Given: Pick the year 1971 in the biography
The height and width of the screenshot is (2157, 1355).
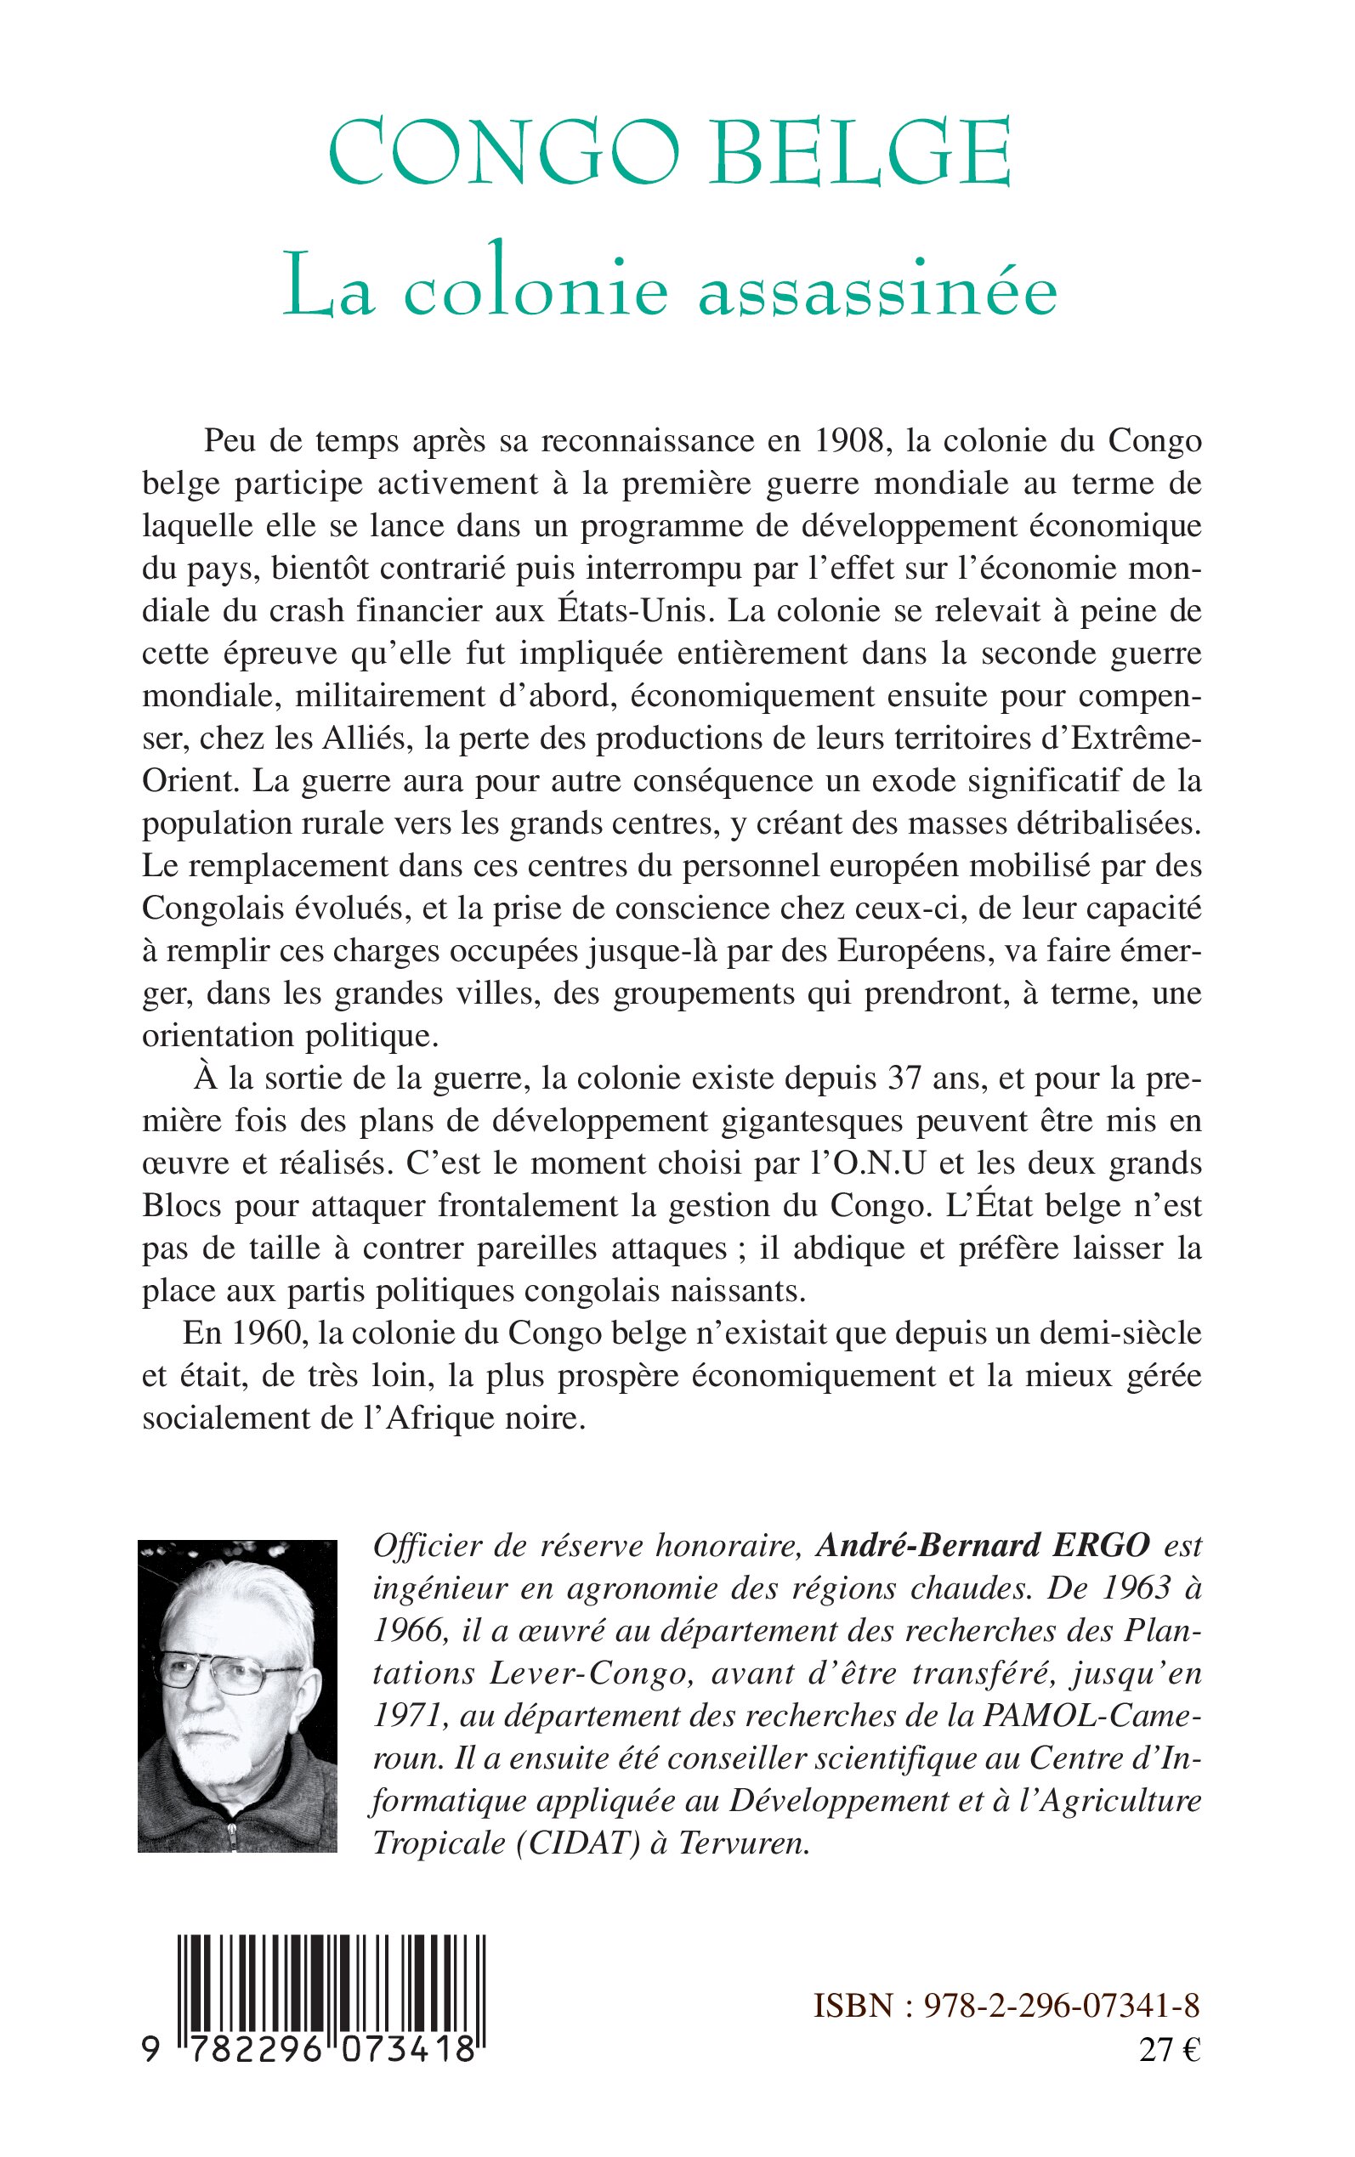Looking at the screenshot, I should [405, 1715].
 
